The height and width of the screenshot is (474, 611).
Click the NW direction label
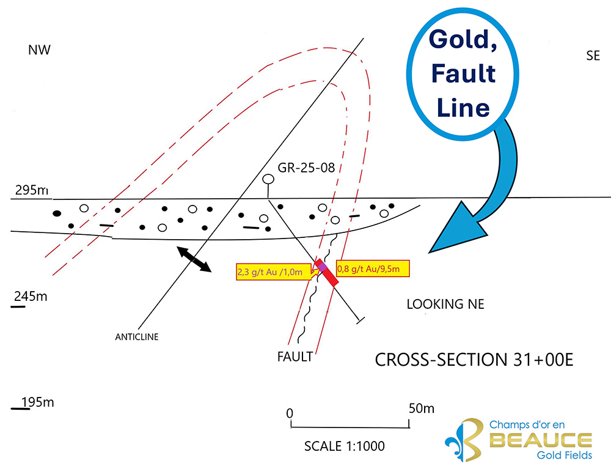[x=38, y=50]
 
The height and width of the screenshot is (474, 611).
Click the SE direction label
[x=593, y=56]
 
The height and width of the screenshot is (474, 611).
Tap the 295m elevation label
[x=31, y=191]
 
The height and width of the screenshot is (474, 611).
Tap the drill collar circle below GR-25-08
[x=268, y=180]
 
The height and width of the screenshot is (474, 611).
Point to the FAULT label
[x=295, y=355]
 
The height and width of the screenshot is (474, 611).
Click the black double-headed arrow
[x=193, y=259]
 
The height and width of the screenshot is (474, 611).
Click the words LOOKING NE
[x=445, y=304]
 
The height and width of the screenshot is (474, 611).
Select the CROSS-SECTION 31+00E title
[x=474, y=359]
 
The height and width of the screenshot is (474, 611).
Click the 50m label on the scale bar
[x=421, y=408]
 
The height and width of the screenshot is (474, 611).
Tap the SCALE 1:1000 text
[x=345, y=446]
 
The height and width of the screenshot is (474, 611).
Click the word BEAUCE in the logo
[x=540, y=440]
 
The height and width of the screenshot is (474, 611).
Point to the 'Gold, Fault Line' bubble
[x=461, y=73]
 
